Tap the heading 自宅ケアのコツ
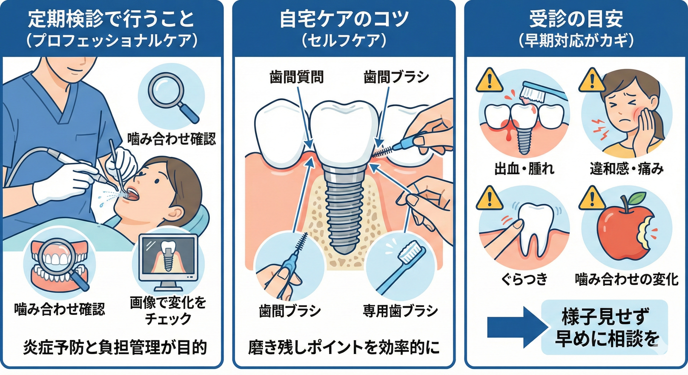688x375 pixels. click(x=344, y=19)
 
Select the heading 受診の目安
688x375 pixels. click(x=576, y=19)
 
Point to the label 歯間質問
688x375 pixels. click(x=296, y=77)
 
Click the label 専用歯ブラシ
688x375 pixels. click(x=400, y=311)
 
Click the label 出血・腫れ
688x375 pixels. click(x=524, y=169)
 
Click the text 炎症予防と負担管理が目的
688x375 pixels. click(x=115, y=347)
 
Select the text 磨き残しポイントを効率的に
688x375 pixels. click(x=344, y=347)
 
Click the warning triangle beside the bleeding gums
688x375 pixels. click(x=490, y=80)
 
